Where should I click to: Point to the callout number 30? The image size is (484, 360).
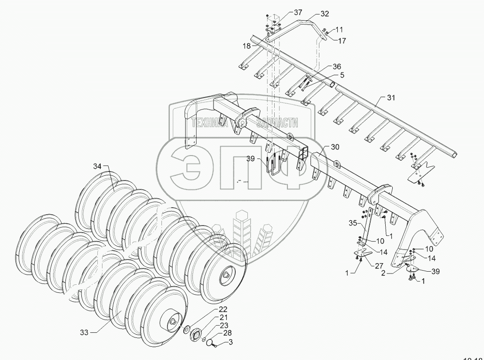[x=335, y=147]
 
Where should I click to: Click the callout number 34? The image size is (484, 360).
[x=97, y=166]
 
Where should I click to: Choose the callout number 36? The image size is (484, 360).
[x=336, y=66]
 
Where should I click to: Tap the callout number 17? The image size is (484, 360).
[x=341, y=41]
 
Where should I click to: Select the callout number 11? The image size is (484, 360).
[x=340, y=29]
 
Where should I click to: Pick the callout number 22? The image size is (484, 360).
[x=222, y=309]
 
